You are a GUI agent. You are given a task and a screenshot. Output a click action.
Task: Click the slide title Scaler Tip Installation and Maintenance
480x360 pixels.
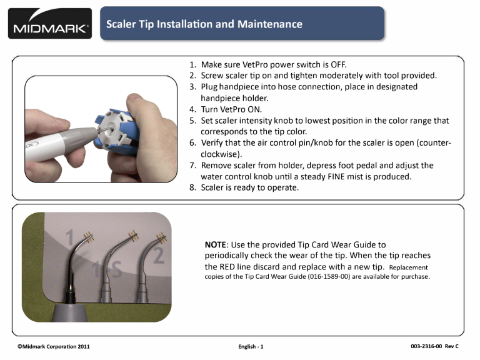click(x=204, y=24)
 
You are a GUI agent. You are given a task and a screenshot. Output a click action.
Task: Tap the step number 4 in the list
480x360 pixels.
click(x=192, y=109)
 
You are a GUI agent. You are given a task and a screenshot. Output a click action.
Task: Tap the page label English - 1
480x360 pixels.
click(x=251, y=346)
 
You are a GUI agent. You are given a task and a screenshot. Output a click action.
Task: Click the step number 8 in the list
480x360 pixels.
click(x=192, y=187)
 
